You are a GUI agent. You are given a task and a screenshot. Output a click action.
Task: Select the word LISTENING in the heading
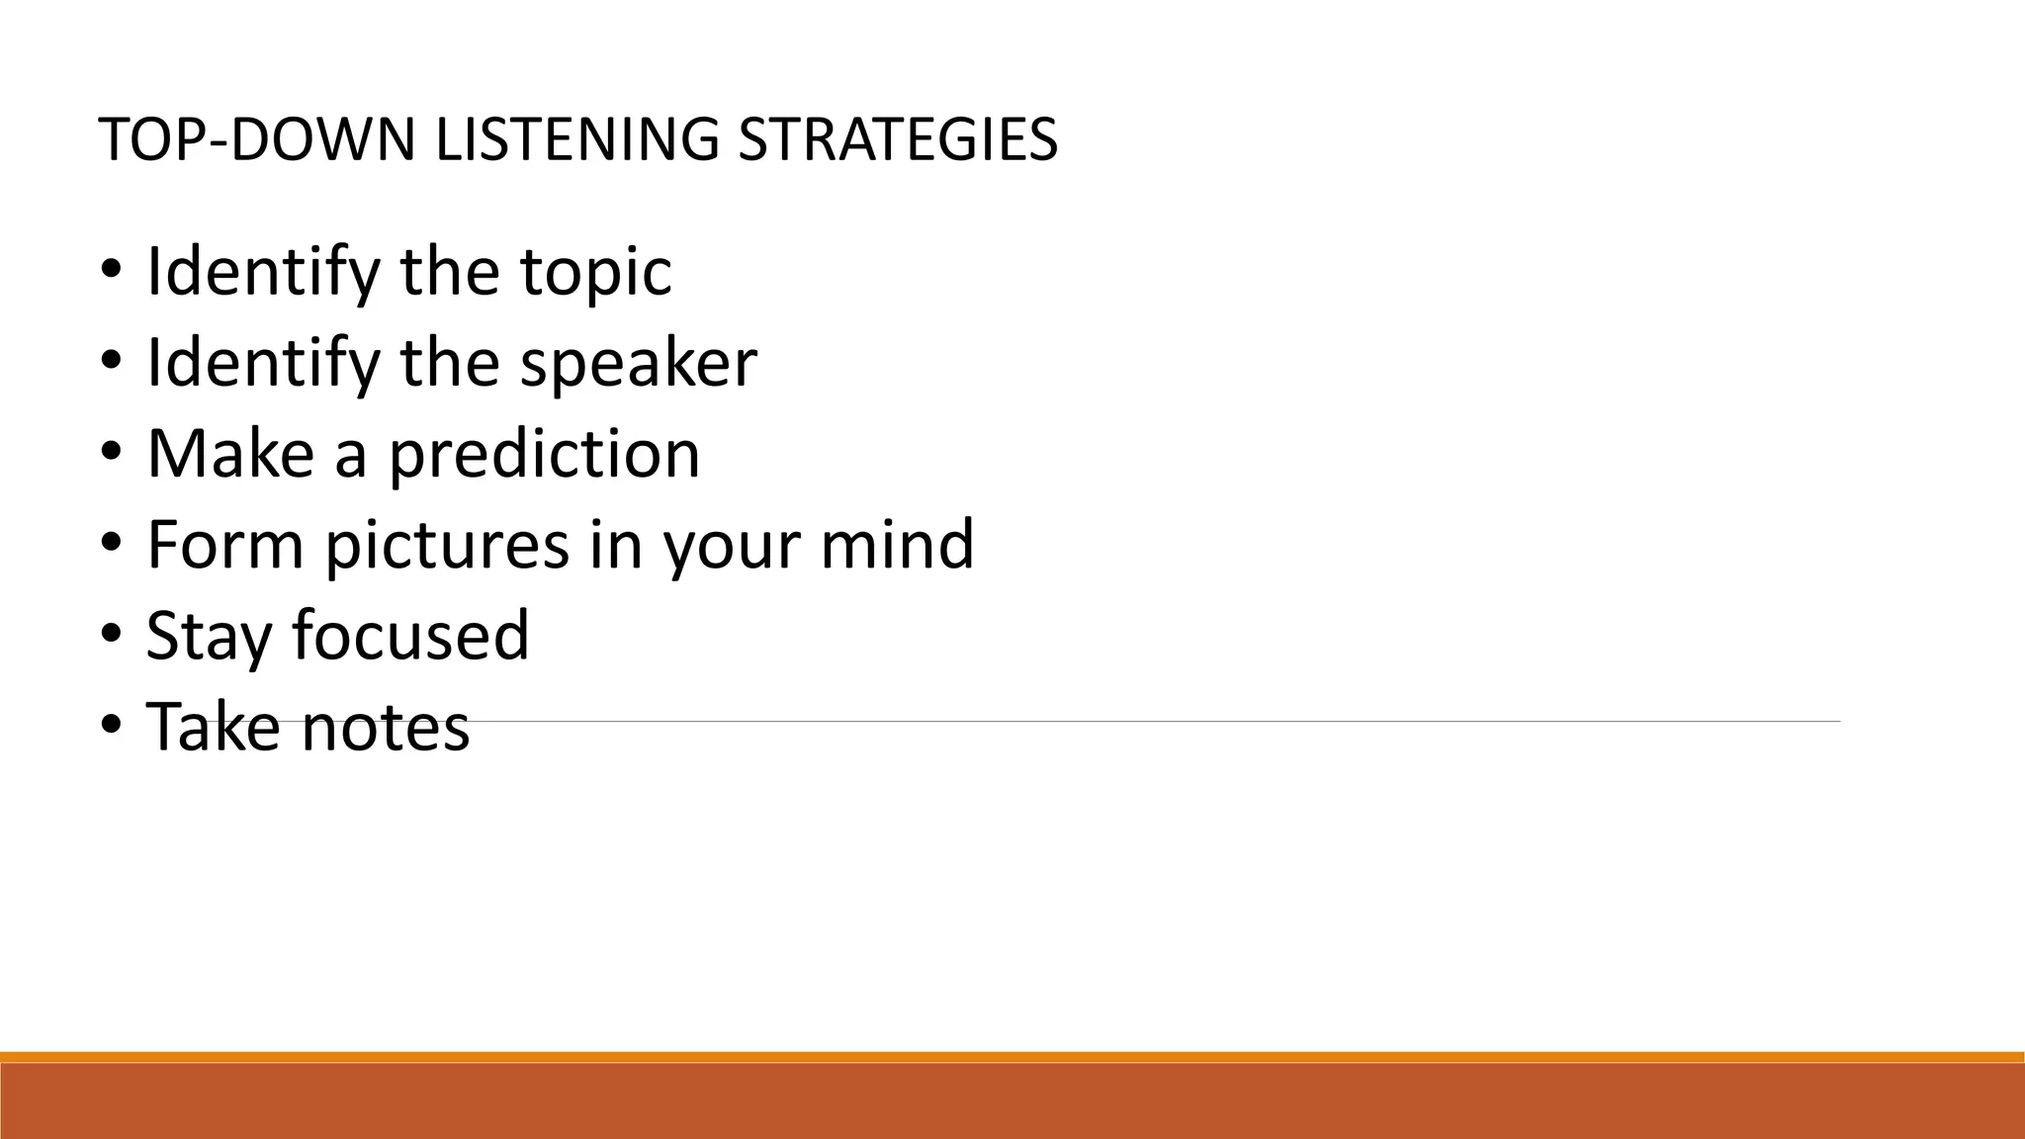click(576, 139)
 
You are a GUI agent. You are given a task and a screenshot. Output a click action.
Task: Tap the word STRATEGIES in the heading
click(898, 139)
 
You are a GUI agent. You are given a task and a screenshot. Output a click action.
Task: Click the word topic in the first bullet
click(596, 272)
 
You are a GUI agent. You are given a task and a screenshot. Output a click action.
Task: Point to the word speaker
click(639, 363)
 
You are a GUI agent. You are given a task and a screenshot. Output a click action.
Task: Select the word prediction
click(544, 455)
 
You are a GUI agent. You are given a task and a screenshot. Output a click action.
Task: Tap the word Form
click(224, 545)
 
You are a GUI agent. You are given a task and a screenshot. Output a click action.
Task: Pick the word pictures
click(448, 546)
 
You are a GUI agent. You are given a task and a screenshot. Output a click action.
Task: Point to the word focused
click(410, 636)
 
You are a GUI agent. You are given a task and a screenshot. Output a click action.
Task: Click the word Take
click(213, 727)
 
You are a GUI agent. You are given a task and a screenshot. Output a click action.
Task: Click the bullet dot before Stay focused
click(111, 634)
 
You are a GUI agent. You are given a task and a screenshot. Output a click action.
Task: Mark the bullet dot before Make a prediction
click(111, 452)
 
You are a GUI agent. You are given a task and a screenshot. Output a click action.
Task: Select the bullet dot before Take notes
click(111, 725)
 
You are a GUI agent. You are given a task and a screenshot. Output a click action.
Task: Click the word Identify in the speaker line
click(263, 363)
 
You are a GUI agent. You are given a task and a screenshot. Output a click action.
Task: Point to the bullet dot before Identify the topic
click(111, 270)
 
